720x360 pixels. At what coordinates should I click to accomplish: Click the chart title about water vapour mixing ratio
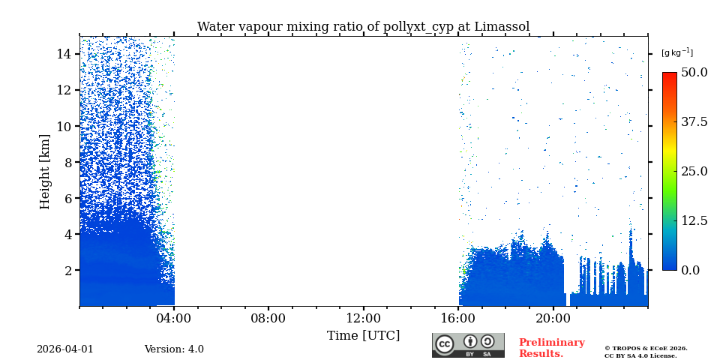(363, 27)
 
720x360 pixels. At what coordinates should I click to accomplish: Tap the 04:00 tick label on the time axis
(174, 318)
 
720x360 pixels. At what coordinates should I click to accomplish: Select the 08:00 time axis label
(268, 318)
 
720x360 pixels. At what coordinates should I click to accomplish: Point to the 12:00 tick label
(363, 318)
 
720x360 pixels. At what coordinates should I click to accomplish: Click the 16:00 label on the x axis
(458, 318)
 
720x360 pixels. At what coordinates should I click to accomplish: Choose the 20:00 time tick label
(553, 318)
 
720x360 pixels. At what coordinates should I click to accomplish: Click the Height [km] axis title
(45, 171)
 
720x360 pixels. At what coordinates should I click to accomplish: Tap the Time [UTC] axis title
(363, 335)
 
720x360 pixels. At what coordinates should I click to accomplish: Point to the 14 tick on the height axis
(63, 54)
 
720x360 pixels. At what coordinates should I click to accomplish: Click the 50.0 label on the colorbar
(694, 73)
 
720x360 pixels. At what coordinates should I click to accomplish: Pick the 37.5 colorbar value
(694, 121)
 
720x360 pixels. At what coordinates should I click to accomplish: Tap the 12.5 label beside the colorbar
(694, 220)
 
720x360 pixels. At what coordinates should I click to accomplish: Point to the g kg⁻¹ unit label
(676, 52)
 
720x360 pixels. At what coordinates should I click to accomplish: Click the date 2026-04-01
(65, 349)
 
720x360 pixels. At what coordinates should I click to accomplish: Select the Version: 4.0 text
(174, 349)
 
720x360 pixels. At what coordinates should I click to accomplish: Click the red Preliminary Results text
(551, 348)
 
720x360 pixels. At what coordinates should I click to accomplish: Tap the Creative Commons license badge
(468, 345)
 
